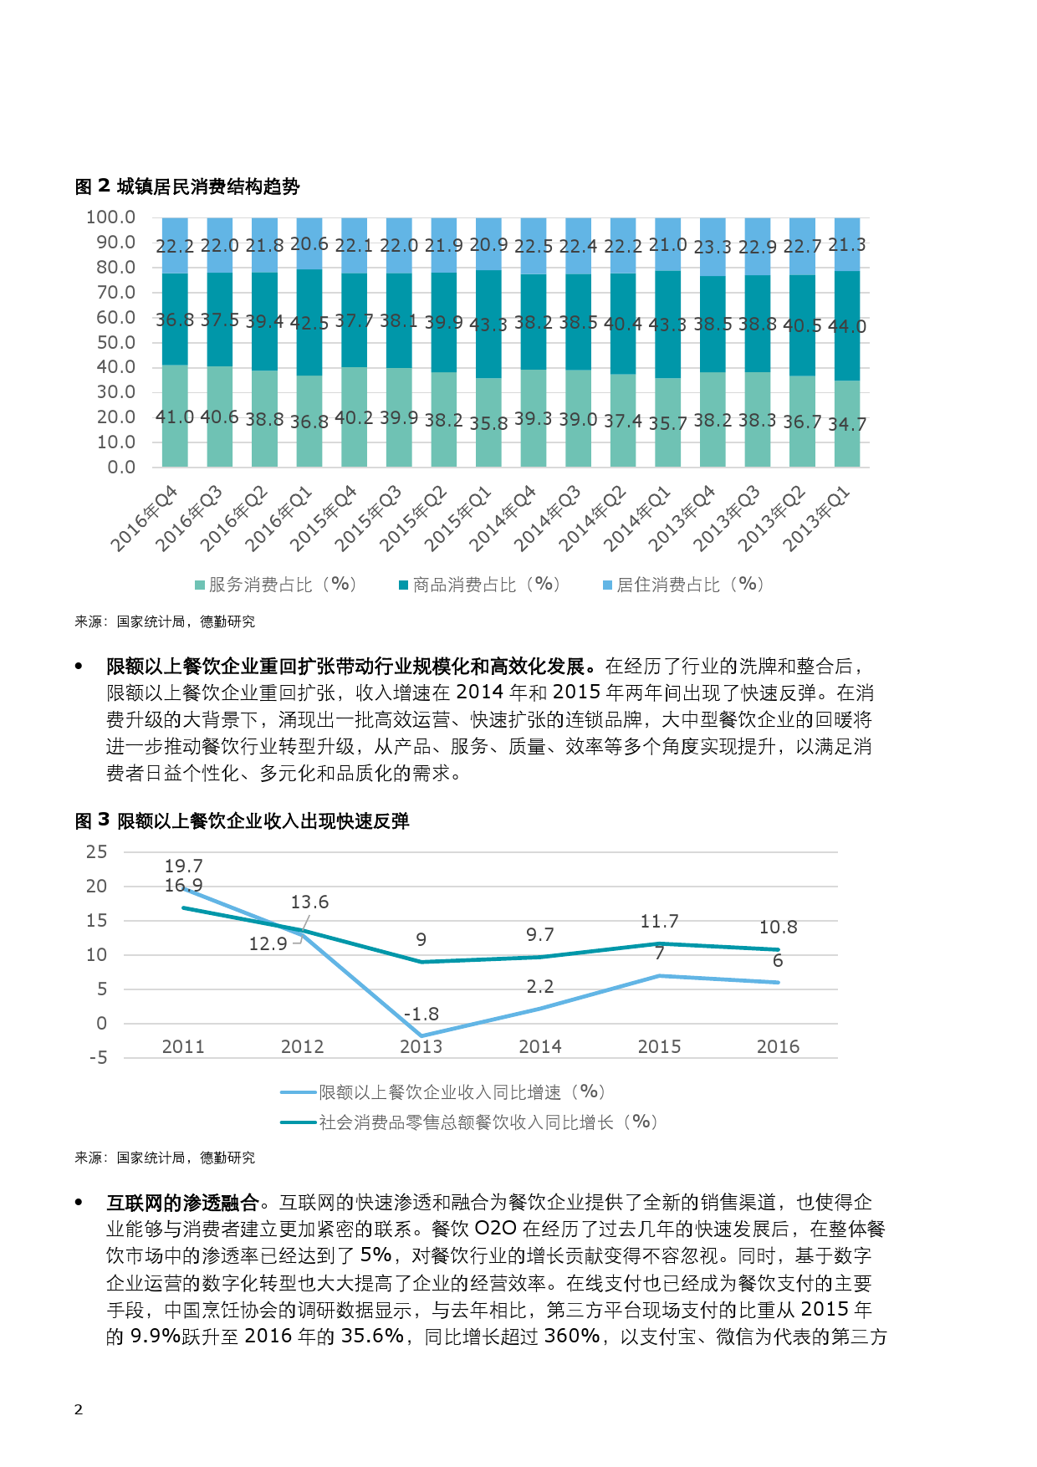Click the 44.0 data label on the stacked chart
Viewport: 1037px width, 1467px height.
(x=847, y=326)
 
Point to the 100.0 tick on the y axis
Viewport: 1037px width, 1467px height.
(x=110, y=217)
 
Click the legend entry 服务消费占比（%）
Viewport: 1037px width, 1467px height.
(x=278, y=585)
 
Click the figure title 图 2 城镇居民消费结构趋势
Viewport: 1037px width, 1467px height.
(x=187, y=186)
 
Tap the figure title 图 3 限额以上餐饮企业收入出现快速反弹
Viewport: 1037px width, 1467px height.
(x=242, y=820)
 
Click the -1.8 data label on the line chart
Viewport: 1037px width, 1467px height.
(x=421, y=1014)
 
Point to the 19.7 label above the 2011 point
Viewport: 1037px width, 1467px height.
(x=183, y=866)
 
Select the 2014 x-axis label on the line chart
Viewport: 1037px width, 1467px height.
(x=540, y=1046)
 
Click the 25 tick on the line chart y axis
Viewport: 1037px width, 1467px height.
(x=97, y=851)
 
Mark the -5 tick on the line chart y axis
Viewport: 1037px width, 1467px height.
(x=99, y=1058)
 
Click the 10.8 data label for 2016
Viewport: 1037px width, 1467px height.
(x=778, y=927)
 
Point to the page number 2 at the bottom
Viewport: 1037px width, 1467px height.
(x=79, y=1409)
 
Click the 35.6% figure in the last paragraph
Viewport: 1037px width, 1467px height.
(x=372, y=1336)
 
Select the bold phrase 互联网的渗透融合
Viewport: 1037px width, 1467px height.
(x=182, y=1203)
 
